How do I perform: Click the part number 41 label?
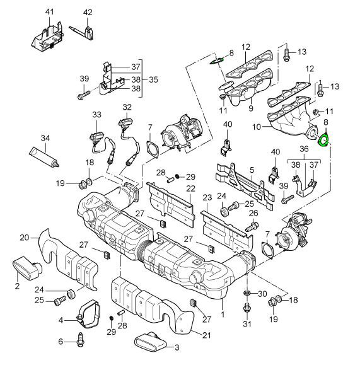click(x=49, y=12)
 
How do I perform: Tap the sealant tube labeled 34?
click(x=44, y=157)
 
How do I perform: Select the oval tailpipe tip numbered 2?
click(x=26, y=269)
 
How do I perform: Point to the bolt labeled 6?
click(x=81, y=340)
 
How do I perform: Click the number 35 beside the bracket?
click(x=153, y=79)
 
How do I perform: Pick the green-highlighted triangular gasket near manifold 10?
click(x=323, y=141)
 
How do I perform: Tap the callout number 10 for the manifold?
click(x=257, y=127)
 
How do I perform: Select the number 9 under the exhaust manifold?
click(x=251, y=108)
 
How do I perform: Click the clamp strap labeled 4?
click(x=88, y=314)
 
